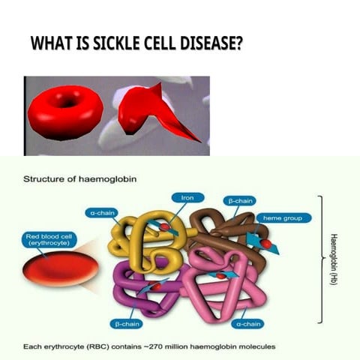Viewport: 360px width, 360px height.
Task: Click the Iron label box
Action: pos(188,198)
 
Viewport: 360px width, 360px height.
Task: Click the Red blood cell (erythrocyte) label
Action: pos(47,240)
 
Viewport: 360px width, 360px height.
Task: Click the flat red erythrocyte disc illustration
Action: pos(60,270)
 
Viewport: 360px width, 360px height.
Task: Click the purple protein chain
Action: pos(142,289)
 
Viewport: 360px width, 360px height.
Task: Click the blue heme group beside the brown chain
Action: pos(262,241)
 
